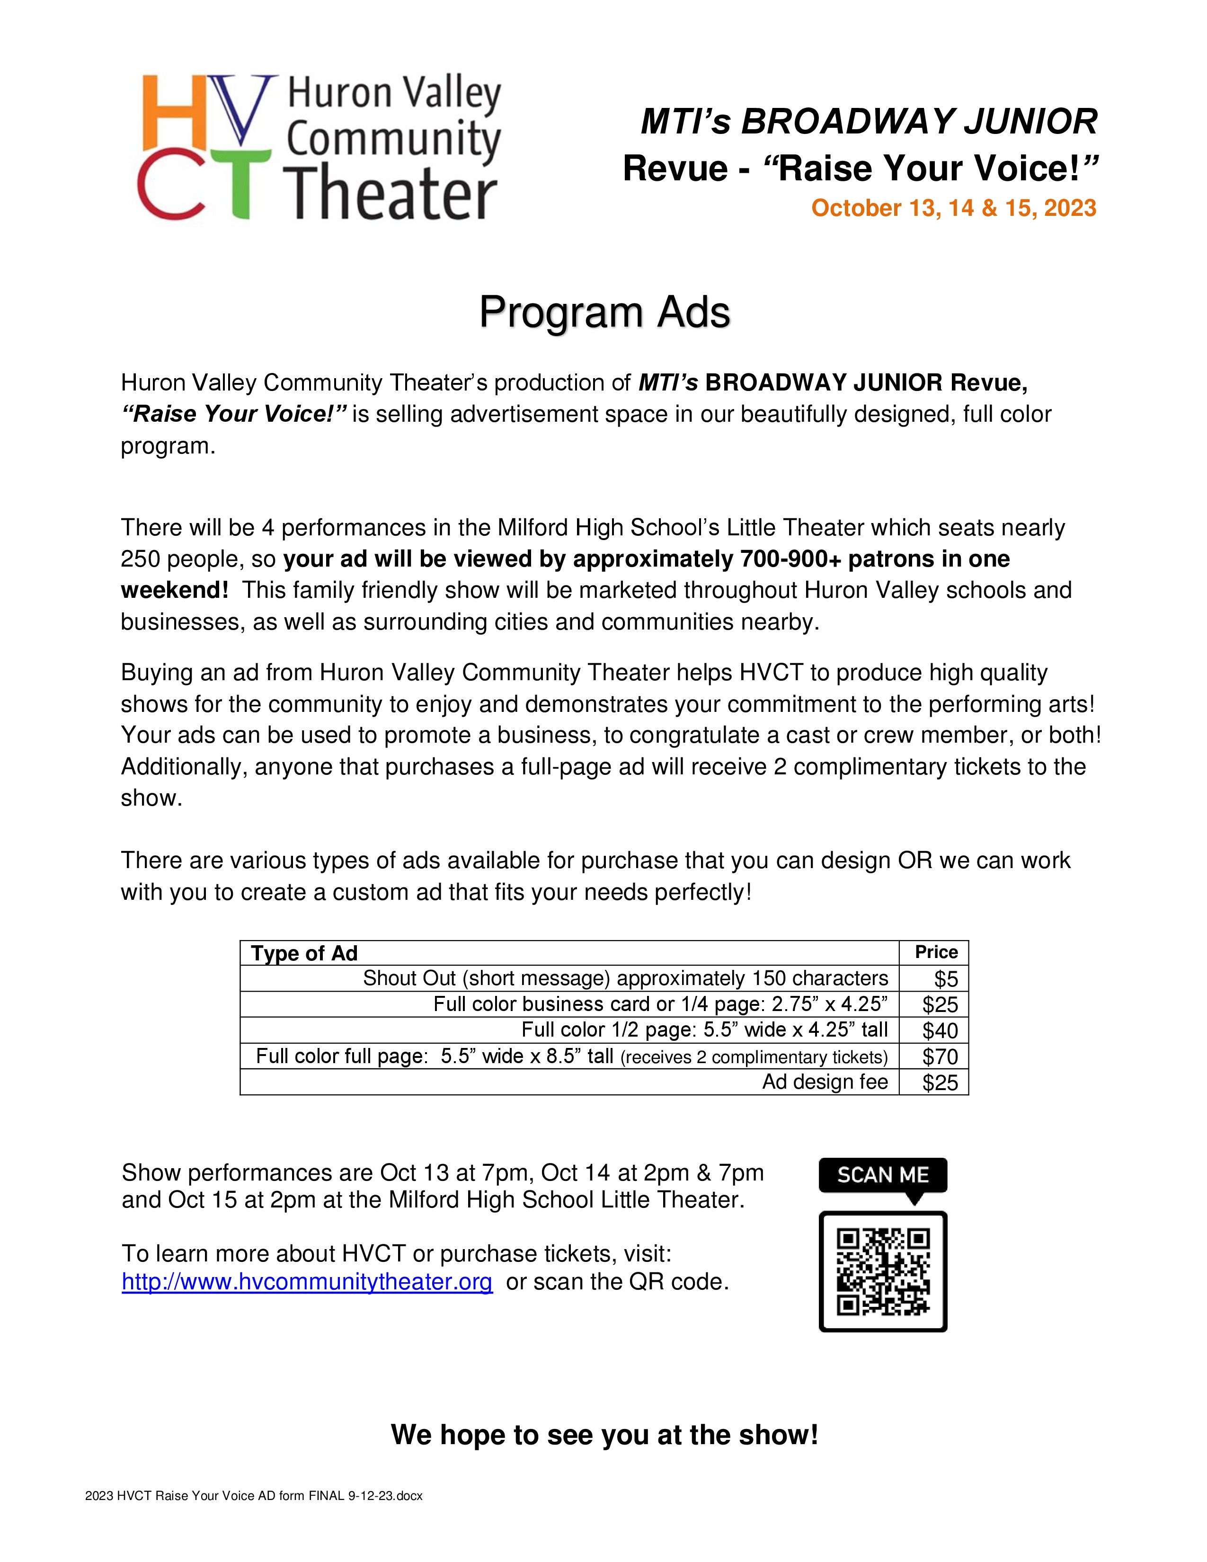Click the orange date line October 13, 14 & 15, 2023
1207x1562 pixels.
pos(953,208)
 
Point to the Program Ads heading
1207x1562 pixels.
pos(604,312)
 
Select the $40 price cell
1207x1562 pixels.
pos(940,1030)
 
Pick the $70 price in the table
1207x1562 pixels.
pos(940,1056)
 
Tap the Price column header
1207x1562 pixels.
pos(936,952)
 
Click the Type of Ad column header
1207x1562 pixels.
pos(304,953)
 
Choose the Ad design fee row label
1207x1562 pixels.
pos(825,1082)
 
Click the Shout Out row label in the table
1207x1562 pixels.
pos(625,978)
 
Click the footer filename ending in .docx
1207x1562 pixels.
pos(254,1495)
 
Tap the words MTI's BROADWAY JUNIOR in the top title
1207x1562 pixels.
pos(869,122)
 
